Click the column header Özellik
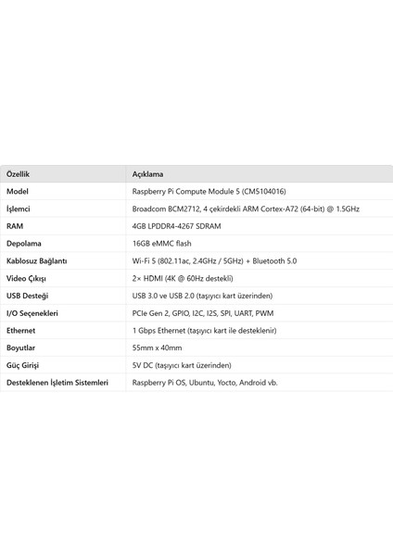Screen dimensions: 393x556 pyautogui.click(x=18, y=173)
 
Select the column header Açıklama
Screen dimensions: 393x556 pyautogui.click(x=149, y=173)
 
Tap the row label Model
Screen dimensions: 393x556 pyautogui.click(x=18, y=191)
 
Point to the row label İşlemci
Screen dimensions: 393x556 pyautogui.click(x=19, y=208)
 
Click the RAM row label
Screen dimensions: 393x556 pyautogui.click(x=15, y=226)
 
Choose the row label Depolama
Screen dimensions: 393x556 pyautogui.click(x=23, y=244)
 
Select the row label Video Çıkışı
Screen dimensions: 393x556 pyautogui.click(x=27, y=278)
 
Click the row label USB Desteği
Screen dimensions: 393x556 pyautogui.click(x=28, y=296)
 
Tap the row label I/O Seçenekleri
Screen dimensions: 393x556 pyautogui.click(x=32, y=313)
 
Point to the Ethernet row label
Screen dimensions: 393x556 pyautogui.click(x=21, y=330)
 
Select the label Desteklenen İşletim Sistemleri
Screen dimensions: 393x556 pyautogui.click(x=57, y=382)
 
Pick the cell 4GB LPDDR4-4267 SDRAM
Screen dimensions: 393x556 pyautogui.click(x=184, y=226)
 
